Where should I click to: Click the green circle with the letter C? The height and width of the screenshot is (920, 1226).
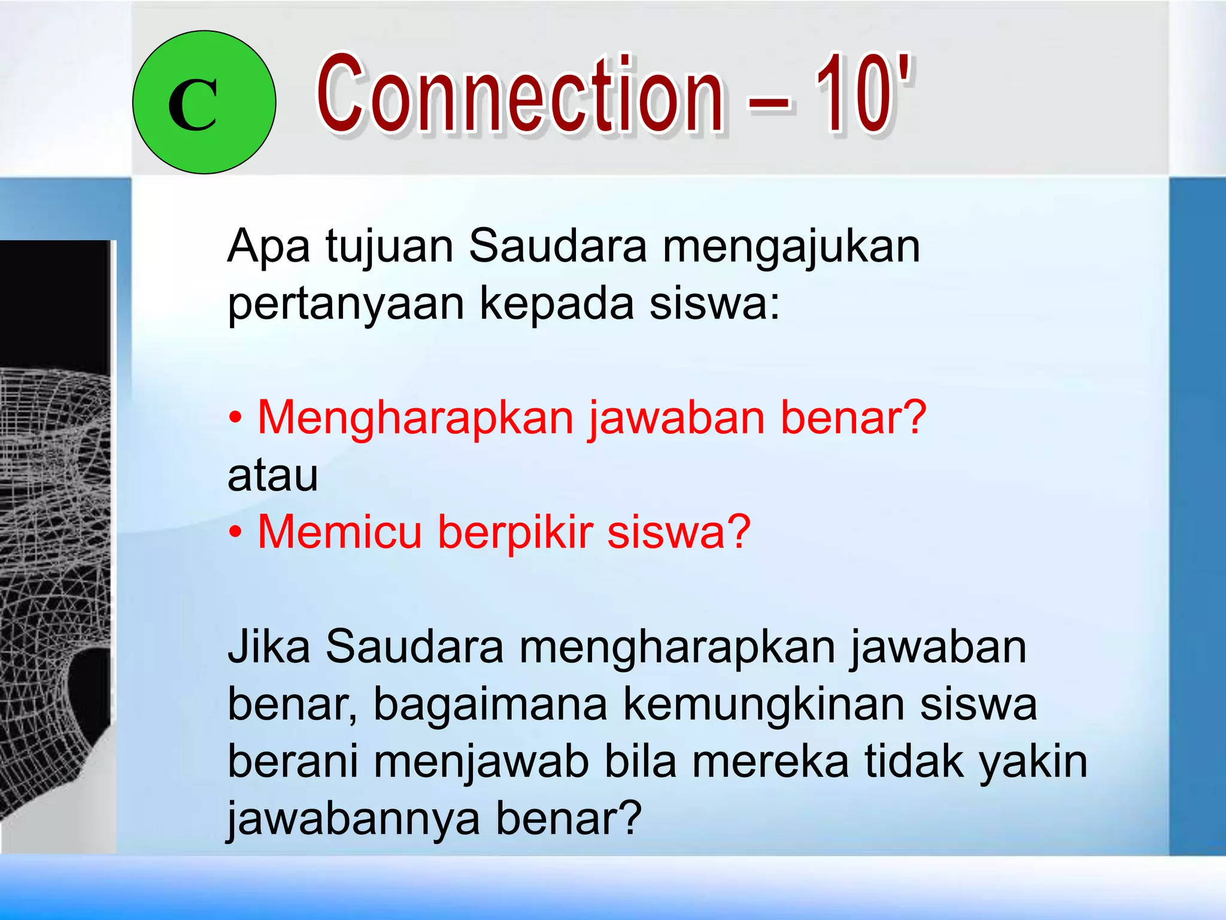[x=204, y=102]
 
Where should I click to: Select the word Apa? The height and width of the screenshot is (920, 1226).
[x=269, y=247]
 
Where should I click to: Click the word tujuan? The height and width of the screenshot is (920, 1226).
[x=389, y=247]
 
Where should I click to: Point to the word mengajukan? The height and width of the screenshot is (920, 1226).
[x=791, y=247]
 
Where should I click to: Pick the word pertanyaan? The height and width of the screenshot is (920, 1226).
[x=346, y=304]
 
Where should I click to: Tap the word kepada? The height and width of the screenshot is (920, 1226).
[x=557, y=304]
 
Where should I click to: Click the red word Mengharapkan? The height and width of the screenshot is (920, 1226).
[x=415, y=417]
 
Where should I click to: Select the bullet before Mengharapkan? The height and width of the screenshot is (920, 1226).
[x=236, y=417]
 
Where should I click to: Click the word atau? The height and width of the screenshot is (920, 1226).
[x=273, y=476]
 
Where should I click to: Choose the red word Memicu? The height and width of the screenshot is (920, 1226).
[x=340, y=532]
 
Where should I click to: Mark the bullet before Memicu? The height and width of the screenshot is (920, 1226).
[x=236, y=532]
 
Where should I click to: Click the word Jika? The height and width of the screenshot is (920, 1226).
[x=269, y=647]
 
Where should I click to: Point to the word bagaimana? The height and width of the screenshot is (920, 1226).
[x=490, y=704]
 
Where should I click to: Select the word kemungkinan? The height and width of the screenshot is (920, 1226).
[x=763, y=704]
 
